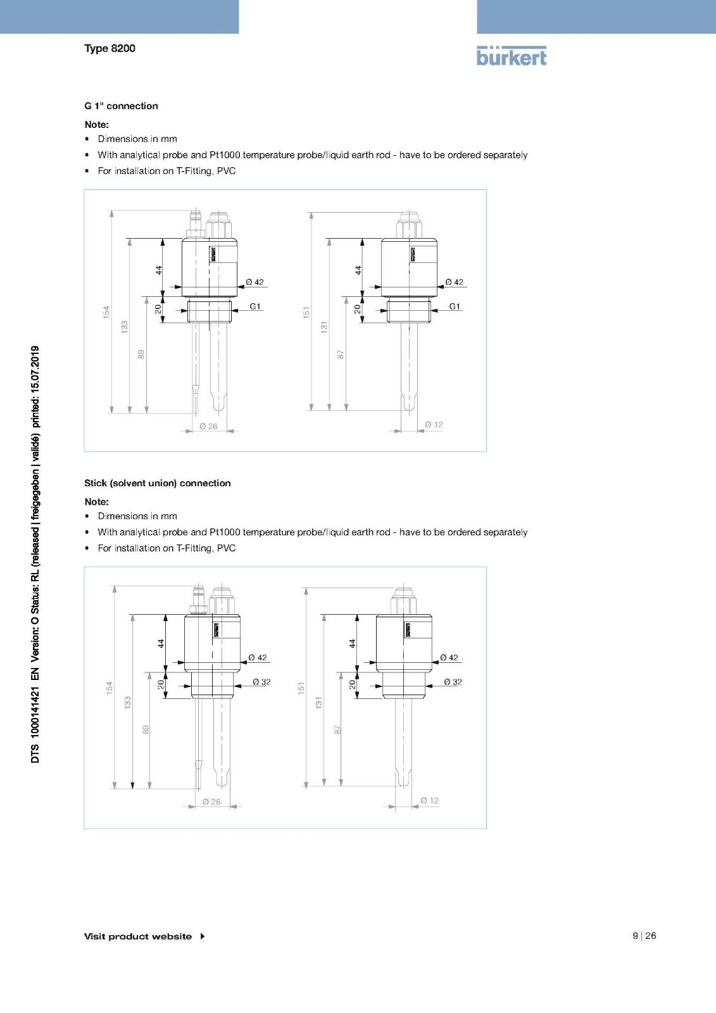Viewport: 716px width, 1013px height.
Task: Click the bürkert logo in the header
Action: click(511, 56)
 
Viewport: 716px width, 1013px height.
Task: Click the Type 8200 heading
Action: click(110, 48)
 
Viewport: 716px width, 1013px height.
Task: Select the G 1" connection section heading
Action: click(121, 106)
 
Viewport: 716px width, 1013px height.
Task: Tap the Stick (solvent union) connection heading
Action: click(158, 483)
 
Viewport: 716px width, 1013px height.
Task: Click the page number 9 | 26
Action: click(644, 936)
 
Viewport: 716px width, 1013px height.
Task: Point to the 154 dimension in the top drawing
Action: click(106, 311)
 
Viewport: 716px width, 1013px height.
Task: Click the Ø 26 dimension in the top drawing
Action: click(208, 426)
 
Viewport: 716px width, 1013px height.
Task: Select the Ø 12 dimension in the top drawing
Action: click(434, 424)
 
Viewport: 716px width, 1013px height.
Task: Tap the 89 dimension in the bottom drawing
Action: click(146, 729)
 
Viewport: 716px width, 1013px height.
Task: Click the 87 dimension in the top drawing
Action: click(341, 355)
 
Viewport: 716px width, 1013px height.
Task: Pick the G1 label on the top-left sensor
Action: click(254, 306)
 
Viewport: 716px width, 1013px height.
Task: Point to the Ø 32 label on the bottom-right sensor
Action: click(453, 682)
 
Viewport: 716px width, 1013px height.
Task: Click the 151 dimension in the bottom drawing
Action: click(301, 688)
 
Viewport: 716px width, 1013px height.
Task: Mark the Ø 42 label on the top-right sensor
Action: click(454, 282)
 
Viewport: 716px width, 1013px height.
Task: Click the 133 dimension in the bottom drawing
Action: click(127, 702)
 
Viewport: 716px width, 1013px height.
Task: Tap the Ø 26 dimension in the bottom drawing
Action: click(211, 802)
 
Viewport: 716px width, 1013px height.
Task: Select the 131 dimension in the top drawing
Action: click(324, 327)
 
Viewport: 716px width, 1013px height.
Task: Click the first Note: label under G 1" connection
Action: click(97, 125)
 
